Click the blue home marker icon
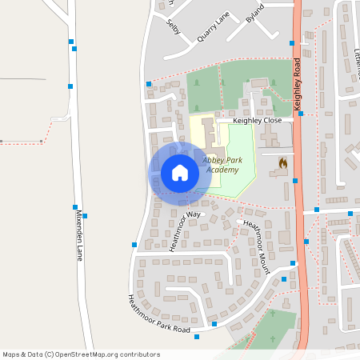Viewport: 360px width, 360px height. coord(180,173)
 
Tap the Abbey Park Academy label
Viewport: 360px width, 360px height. coord(222,165)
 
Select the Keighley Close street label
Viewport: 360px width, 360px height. coord(258,121)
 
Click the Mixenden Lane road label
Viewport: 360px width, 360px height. coord(78,240)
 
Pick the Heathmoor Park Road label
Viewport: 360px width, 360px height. coord(158,314)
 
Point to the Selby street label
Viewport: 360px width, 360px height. coord(174,26)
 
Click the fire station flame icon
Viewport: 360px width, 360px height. coord(282,162)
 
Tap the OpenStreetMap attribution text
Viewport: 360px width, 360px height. coord(82,354)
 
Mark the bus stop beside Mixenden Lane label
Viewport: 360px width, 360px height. coord(85,216)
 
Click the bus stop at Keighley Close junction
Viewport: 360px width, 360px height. coord(300,114)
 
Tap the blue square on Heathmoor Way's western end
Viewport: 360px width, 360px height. coord(134,245)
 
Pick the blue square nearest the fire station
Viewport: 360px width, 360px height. coord(295,181)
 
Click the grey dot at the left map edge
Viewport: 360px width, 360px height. coord(3,142)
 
